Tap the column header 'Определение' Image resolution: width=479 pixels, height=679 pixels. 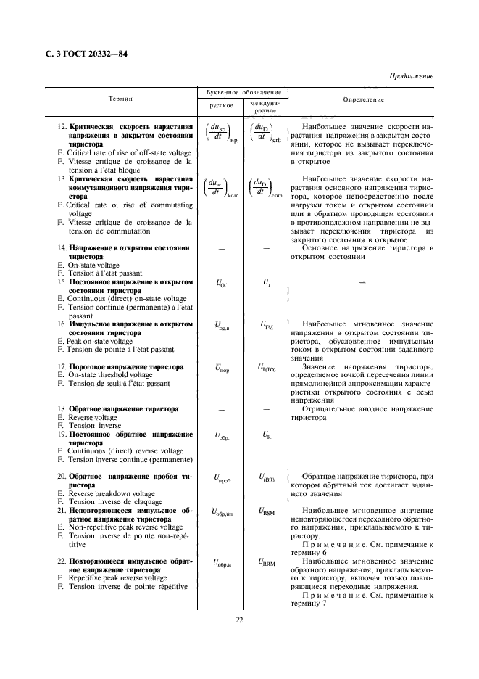pos(362,98)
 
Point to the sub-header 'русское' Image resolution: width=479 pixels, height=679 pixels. pos(221,105)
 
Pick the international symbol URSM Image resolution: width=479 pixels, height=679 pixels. pos(266,512)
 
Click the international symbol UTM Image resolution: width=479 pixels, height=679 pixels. pos(266,326)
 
